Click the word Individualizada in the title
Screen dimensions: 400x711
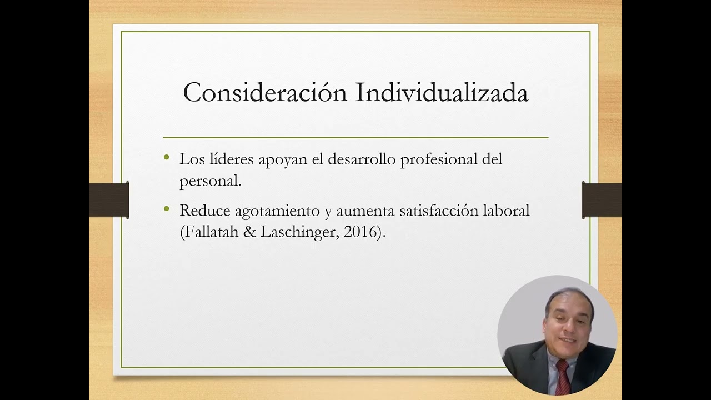(442, 93)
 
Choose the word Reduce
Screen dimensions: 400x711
(204, 211)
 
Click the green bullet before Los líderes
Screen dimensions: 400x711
(167, 158)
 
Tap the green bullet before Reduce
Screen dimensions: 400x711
(167, 209)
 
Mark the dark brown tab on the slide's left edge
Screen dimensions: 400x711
(109, 200)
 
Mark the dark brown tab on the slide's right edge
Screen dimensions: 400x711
(602, 200)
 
